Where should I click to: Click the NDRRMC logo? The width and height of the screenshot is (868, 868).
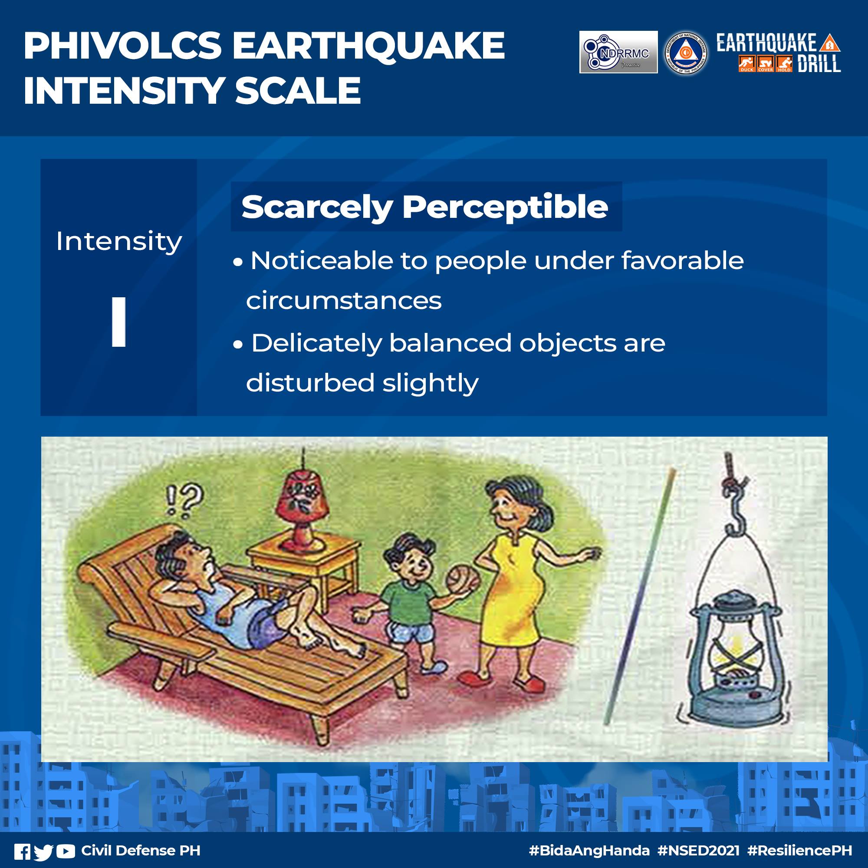(618, 52)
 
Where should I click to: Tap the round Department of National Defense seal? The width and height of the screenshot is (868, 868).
(685, 53)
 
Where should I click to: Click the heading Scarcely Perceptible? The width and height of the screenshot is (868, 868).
(424, 207)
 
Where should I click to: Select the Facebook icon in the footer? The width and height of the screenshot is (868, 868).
(22, 851)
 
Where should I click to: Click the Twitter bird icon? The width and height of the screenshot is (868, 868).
(43, 851)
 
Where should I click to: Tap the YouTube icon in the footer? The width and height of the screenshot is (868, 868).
(66, 851)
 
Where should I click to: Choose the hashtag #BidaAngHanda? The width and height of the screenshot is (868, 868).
(589, 851)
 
